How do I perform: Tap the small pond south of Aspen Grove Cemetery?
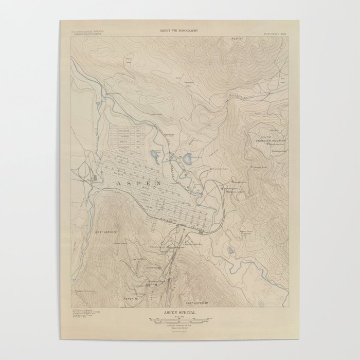[x=230, y=251]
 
